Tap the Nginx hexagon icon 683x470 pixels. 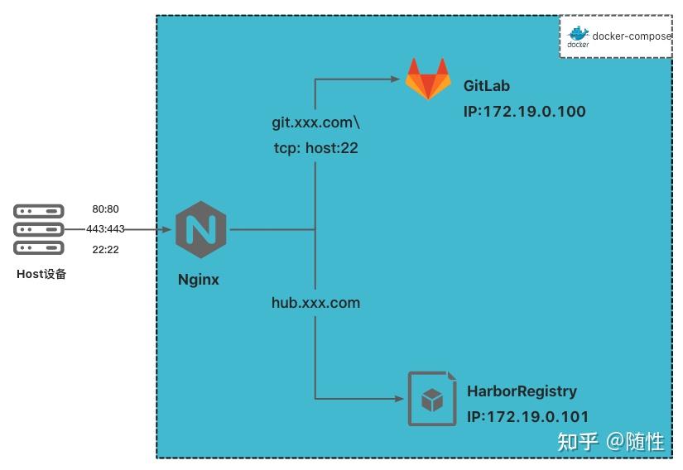(x=201, y=229)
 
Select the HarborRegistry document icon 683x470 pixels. (x=432, y=399)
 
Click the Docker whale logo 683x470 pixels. (x=578, y=37)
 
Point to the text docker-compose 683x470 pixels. (x=632, y=36)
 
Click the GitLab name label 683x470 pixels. (x=487, y=86)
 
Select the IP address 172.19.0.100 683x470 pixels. (x=524, y=112)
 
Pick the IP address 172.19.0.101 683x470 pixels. (x=527, y=417)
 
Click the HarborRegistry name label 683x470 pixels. (x=522, y=391)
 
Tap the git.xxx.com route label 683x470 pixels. (x=315, y=122)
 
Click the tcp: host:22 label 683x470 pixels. (x=315, y=148)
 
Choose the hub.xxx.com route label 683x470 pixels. (x=315, y=303)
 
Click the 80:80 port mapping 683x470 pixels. (x=105, y=209)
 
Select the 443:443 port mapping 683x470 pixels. (x=105, y=229)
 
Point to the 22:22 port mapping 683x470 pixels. (x=105, y=249)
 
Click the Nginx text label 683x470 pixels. (x=199, y=280)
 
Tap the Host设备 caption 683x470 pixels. (x=41, y=274)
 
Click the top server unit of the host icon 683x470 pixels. (x=39, y=211)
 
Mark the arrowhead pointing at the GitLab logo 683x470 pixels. (x=395, y=79)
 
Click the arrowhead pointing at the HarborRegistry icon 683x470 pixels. (x=399, y=398)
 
